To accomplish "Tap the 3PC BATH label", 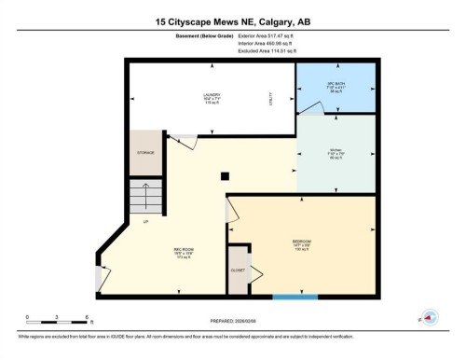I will point(336,85).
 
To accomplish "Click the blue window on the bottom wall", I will point(295,297).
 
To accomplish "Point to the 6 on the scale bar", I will point(85,317).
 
